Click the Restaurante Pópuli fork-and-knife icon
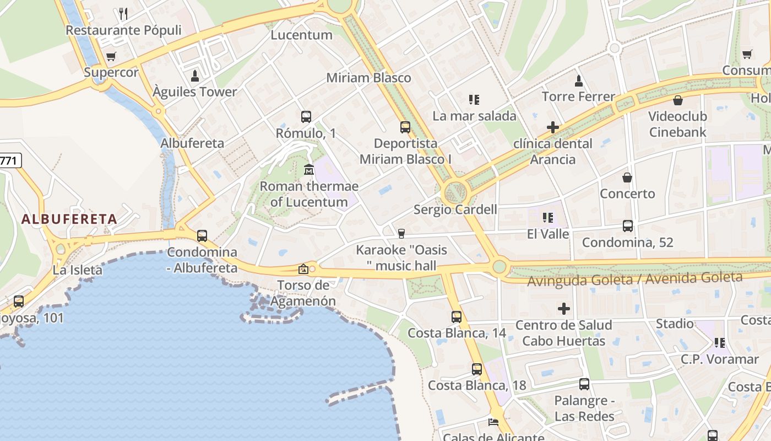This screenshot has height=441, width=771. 123,13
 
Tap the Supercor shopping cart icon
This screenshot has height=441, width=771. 111,56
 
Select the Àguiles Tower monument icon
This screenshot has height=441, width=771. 194,76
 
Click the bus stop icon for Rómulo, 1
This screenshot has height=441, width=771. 306,117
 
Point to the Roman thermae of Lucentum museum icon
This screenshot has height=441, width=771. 308,169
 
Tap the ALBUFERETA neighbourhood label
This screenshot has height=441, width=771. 69,219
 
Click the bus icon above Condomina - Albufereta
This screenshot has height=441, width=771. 202,236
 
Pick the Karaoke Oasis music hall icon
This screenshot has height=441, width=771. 401,234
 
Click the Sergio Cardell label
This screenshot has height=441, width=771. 455,209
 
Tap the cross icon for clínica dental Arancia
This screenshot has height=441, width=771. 553,127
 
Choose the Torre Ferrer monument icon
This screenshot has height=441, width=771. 579,81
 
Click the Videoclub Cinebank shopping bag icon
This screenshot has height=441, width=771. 678,100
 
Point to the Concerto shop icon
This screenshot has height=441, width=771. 627,178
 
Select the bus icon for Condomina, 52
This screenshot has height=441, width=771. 628,226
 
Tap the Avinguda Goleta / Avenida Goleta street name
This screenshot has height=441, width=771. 634,279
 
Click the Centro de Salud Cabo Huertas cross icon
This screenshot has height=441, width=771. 564,309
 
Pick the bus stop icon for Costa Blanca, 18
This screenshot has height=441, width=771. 477,369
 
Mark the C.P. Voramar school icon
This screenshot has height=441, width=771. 719,343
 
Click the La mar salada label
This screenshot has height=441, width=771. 474,116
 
